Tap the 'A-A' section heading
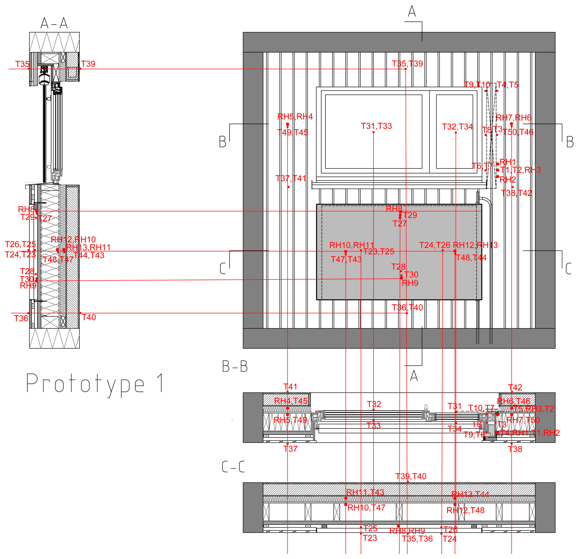coord(54,23)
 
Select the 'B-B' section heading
coord(235,367)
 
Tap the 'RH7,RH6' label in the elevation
coord(513,118)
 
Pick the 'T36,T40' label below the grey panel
coord(407,307)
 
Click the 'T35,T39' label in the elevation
coord(407,64)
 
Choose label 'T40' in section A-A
coord(89,317)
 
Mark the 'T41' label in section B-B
coord(290,387)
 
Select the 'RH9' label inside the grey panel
coord(410,283)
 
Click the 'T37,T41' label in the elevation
coord(291,178)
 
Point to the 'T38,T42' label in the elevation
coord(516,193)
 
